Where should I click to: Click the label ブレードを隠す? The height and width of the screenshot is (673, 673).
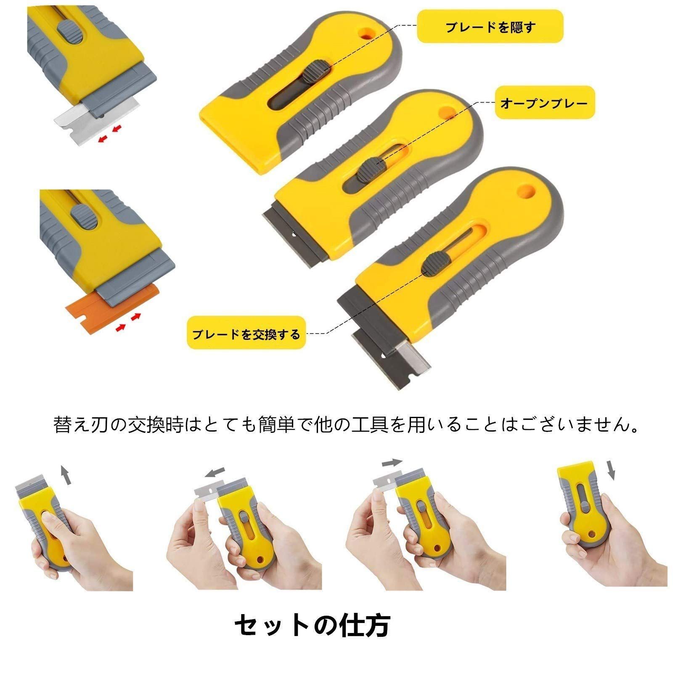(490, 26)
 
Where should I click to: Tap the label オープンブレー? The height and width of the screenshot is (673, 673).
(544, 103)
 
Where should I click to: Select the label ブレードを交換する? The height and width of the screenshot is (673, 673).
(246, 334)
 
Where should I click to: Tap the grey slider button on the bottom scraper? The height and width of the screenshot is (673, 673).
(435, 264)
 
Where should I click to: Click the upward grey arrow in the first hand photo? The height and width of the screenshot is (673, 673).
(64, 475)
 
